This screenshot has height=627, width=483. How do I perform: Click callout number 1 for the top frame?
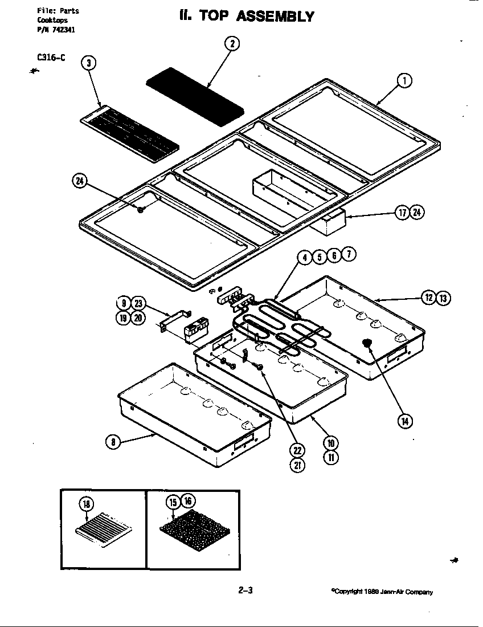tap(404, 81)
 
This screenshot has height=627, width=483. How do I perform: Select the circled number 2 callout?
tap(232, 44)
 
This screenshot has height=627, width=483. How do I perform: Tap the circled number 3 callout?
tap(88, 63)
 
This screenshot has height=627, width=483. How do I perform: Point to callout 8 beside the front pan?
tap(113, 441)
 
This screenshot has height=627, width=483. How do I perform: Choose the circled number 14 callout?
tap(404, 421)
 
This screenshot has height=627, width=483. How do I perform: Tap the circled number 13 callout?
tap(443, 297)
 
